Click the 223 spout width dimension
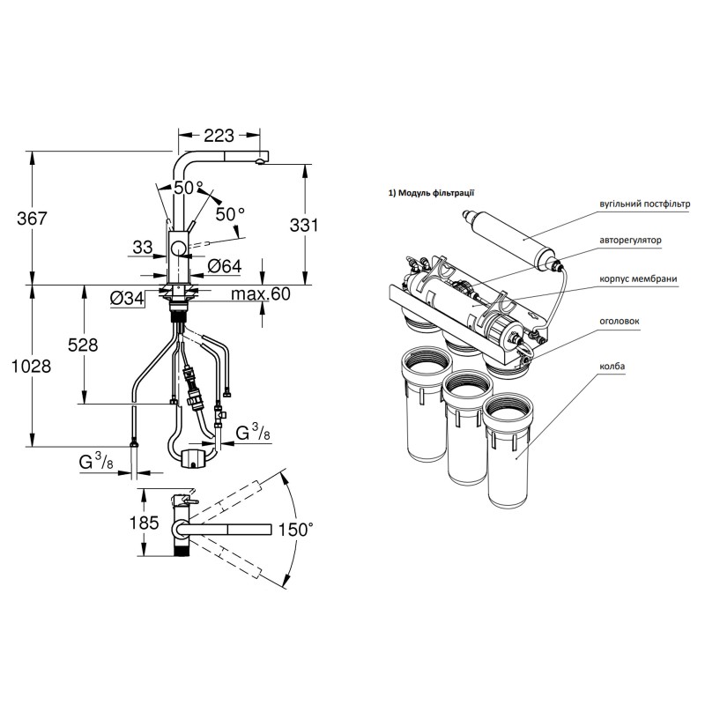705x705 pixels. point(219,135)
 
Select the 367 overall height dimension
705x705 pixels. point(32,219)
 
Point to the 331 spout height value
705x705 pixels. point(304,225)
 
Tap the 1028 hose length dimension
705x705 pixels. point(31,367)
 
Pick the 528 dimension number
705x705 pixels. point(83,345)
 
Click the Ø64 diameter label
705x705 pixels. point(225,267)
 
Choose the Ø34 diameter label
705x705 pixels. point(127,298)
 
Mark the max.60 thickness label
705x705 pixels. point(261,294)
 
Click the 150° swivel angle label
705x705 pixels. point(295,530)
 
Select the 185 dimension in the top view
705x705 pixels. point(144,523)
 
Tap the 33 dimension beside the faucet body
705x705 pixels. point(143,247)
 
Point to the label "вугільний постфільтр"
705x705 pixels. point(644,204)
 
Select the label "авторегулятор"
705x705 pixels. point(630,240)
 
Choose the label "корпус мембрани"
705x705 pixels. point(638,278)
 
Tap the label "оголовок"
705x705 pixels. point(620,322)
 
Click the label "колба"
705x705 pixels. point(612,366)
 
